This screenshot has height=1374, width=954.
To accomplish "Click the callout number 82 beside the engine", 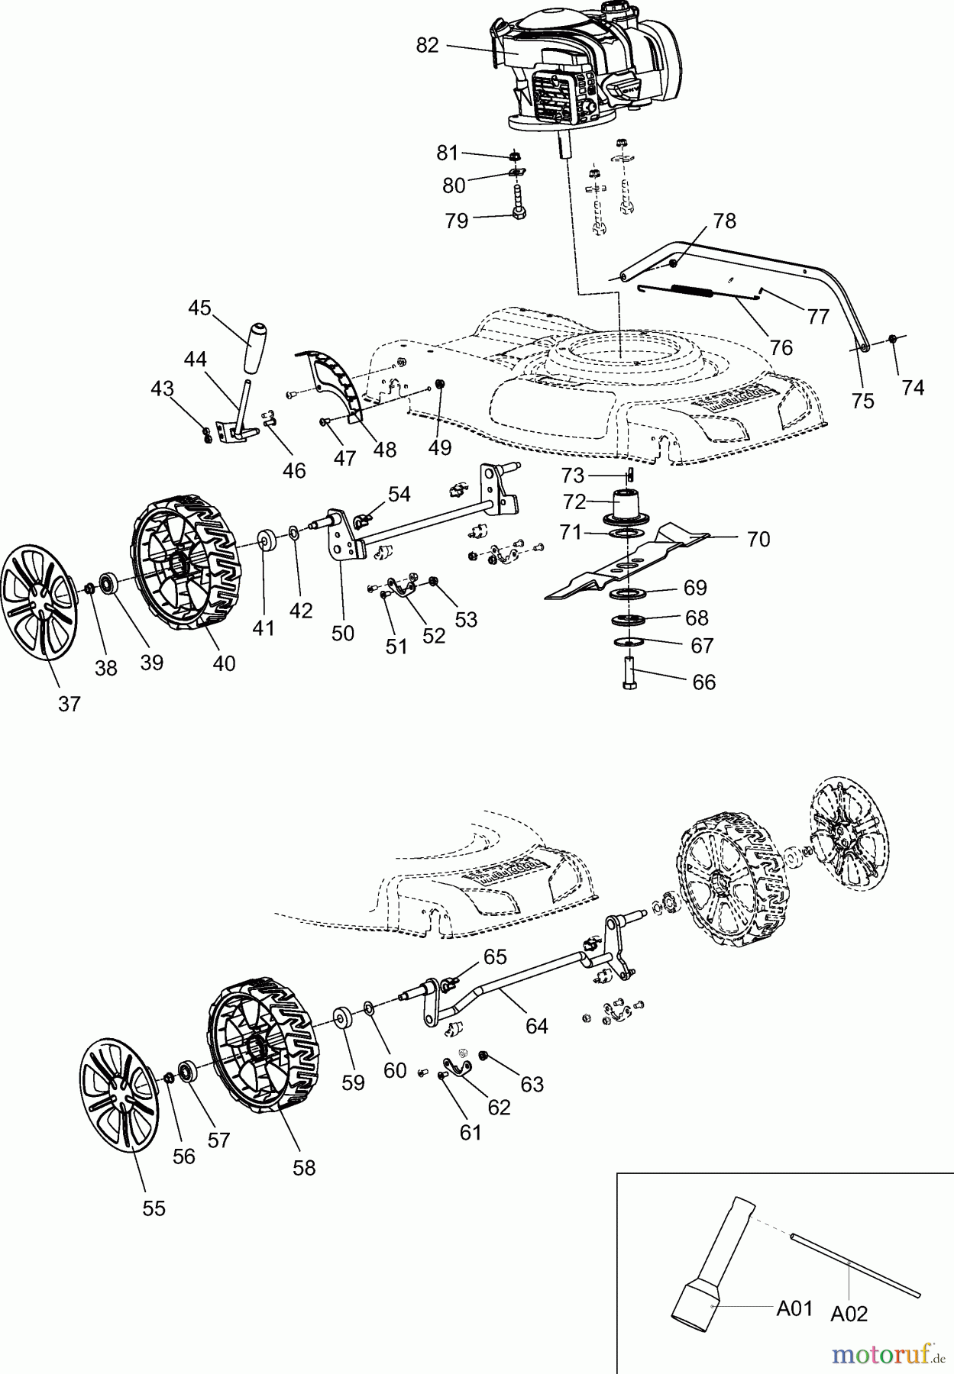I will click(428, 46).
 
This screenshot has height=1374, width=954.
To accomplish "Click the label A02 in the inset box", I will click(849, 1314).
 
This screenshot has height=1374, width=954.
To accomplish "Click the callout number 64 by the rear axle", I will click(537, 1027).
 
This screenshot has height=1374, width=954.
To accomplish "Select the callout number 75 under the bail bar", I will click(862, 401).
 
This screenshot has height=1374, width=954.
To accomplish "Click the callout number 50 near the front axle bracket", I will click(343, 633).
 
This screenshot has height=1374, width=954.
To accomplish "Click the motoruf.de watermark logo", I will click(886, 1354).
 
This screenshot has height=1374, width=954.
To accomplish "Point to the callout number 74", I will click(912, 388).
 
